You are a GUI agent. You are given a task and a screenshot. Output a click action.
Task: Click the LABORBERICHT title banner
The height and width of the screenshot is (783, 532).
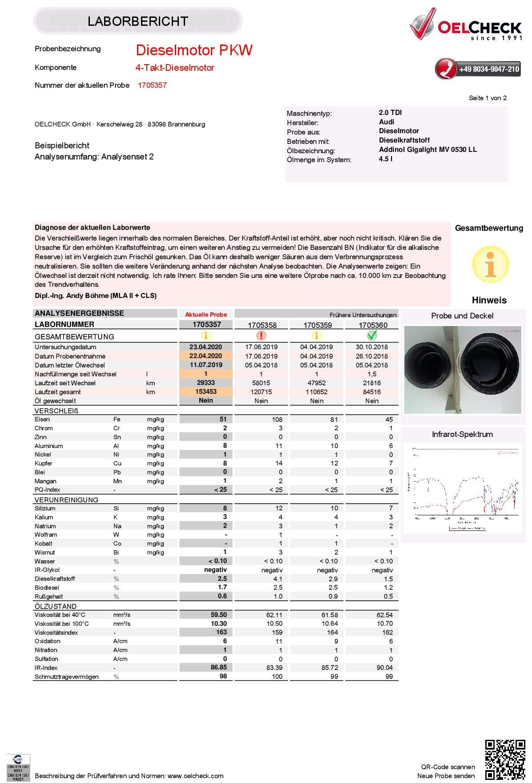137,21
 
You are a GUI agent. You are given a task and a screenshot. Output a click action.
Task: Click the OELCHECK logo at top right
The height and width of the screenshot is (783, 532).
465,30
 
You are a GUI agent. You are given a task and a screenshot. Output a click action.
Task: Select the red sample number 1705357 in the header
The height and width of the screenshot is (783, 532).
152,85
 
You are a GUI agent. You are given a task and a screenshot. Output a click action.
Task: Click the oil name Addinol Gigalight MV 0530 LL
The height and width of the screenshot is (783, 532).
427,150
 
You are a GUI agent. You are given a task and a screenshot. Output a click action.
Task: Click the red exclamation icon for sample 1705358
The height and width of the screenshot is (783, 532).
261,335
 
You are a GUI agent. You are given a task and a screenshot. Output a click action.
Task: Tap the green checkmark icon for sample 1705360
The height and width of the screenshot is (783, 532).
372,335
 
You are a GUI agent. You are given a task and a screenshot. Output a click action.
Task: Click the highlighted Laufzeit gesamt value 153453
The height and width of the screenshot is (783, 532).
206,391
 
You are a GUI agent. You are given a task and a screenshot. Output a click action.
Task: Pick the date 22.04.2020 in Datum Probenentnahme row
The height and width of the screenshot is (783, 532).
206,356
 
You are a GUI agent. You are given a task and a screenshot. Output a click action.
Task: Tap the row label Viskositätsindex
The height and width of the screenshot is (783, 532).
56,632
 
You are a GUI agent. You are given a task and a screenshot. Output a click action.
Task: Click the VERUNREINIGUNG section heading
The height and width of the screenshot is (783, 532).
66,500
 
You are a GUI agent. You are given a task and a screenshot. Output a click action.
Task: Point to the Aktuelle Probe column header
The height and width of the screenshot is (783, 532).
206,314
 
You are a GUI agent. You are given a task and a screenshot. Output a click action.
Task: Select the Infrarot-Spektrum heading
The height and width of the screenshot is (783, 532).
462,434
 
